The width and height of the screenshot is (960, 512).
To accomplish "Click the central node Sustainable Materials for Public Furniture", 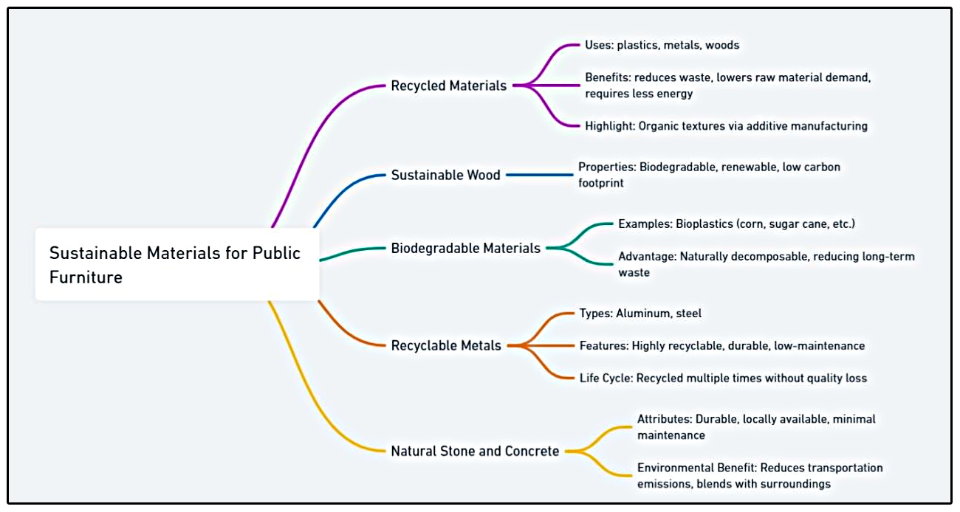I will click(176, 265).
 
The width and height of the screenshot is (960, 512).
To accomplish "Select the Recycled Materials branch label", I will click(448, 86).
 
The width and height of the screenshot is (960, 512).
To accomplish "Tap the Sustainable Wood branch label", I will click(445, 175).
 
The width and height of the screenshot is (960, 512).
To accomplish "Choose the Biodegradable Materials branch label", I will click(465, 248).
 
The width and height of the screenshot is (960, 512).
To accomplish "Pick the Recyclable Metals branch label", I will click(445, 345).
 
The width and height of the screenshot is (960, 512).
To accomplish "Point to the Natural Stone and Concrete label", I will click(475, 451).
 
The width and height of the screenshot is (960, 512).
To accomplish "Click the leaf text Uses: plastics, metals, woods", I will click(662, 45).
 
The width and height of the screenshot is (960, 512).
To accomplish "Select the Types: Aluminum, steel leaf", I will click(640, 314).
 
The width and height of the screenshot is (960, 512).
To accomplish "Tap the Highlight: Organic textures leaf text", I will click(726, 126).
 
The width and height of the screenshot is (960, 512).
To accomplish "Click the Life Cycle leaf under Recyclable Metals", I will click(723, 378).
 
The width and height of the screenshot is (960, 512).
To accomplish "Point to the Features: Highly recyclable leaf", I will click(721, 345).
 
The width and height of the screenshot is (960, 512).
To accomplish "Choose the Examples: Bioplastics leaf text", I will click(736, 224).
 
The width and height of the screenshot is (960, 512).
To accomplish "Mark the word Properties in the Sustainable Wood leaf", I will click(605, 167).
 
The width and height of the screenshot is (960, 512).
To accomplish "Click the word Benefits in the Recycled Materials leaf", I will click(608, 77).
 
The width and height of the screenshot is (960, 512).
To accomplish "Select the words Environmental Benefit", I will click(695, 468).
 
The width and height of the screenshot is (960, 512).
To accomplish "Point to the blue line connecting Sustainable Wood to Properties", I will click(539, 175).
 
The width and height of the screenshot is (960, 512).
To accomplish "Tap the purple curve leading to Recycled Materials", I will click(310, 140).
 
